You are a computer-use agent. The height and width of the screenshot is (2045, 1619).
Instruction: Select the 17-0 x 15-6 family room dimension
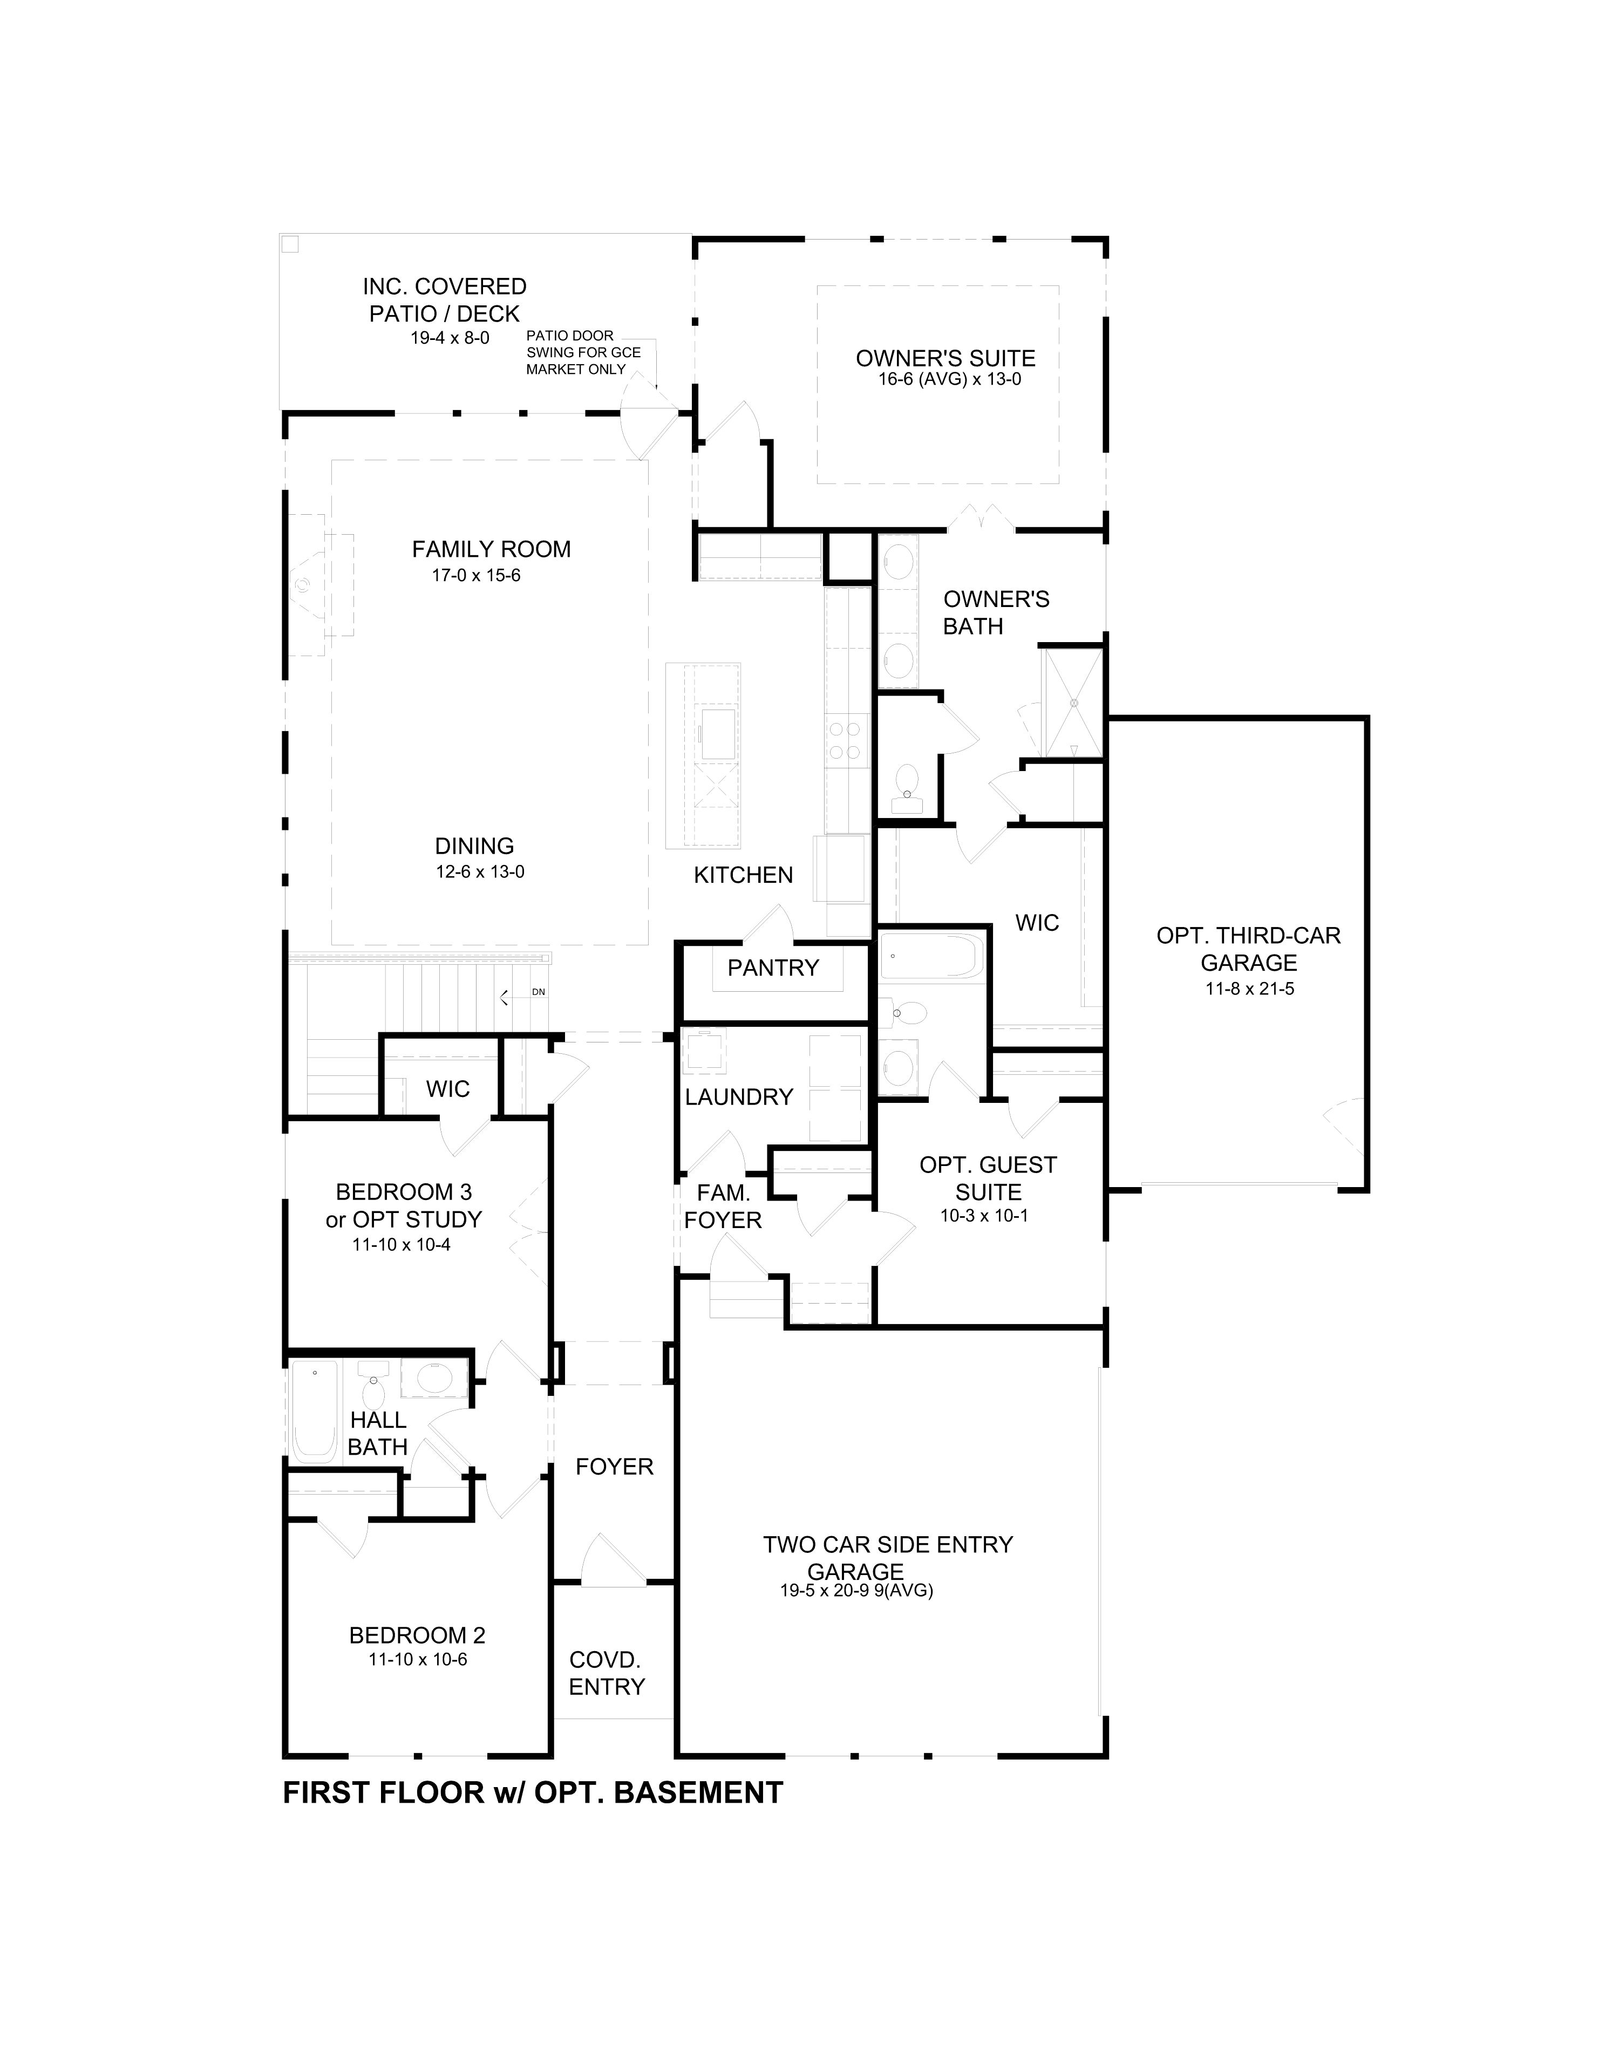[x=476, y=575]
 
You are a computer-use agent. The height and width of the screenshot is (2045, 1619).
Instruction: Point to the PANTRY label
[x=772, y=967]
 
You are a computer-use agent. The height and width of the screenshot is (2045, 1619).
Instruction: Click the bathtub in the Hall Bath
[x=314, y=1414]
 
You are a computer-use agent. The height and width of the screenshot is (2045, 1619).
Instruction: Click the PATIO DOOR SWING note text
[x=583, y=352]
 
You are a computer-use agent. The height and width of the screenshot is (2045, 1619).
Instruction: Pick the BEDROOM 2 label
[x=417, y=1635]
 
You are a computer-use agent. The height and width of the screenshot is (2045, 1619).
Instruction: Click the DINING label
[x=474, y=846]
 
